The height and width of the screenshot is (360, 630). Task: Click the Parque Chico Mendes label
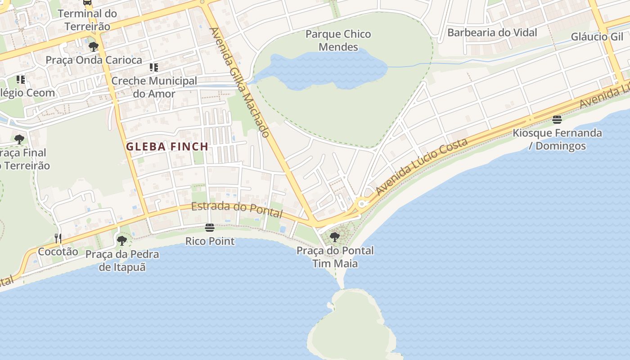click(338, 40)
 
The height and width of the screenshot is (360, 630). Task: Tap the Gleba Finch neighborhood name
click(167, 147)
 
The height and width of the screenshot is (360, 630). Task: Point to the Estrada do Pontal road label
click(237, 210)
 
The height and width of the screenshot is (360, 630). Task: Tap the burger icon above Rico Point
click(210, 228)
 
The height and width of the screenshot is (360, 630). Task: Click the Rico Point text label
click(210, 241)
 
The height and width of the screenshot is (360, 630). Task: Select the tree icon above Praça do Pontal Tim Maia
click(334, 237)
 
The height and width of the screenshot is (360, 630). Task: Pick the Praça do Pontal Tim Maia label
click(335, 257)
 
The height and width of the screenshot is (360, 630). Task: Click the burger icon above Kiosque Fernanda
click(557, 120)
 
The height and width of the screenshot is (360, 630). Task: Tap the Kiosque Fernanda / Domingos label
click(557, 139)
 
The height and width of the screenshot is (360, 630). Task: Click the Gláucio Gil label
click(597, 37)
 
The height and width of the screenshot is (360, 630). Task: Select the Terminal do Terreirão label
click(87, 20)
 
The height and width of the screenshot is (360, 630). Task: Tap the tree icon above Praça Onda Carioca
click(94, 46)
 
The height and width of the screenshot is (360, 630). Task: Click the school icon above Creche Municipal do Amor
click(154, 67)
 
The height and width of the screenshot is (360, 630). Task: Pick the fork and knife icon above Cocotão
click(58, 238)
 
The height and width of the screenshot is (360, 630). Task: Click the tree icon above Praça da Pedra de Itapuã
click(121, 240)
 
